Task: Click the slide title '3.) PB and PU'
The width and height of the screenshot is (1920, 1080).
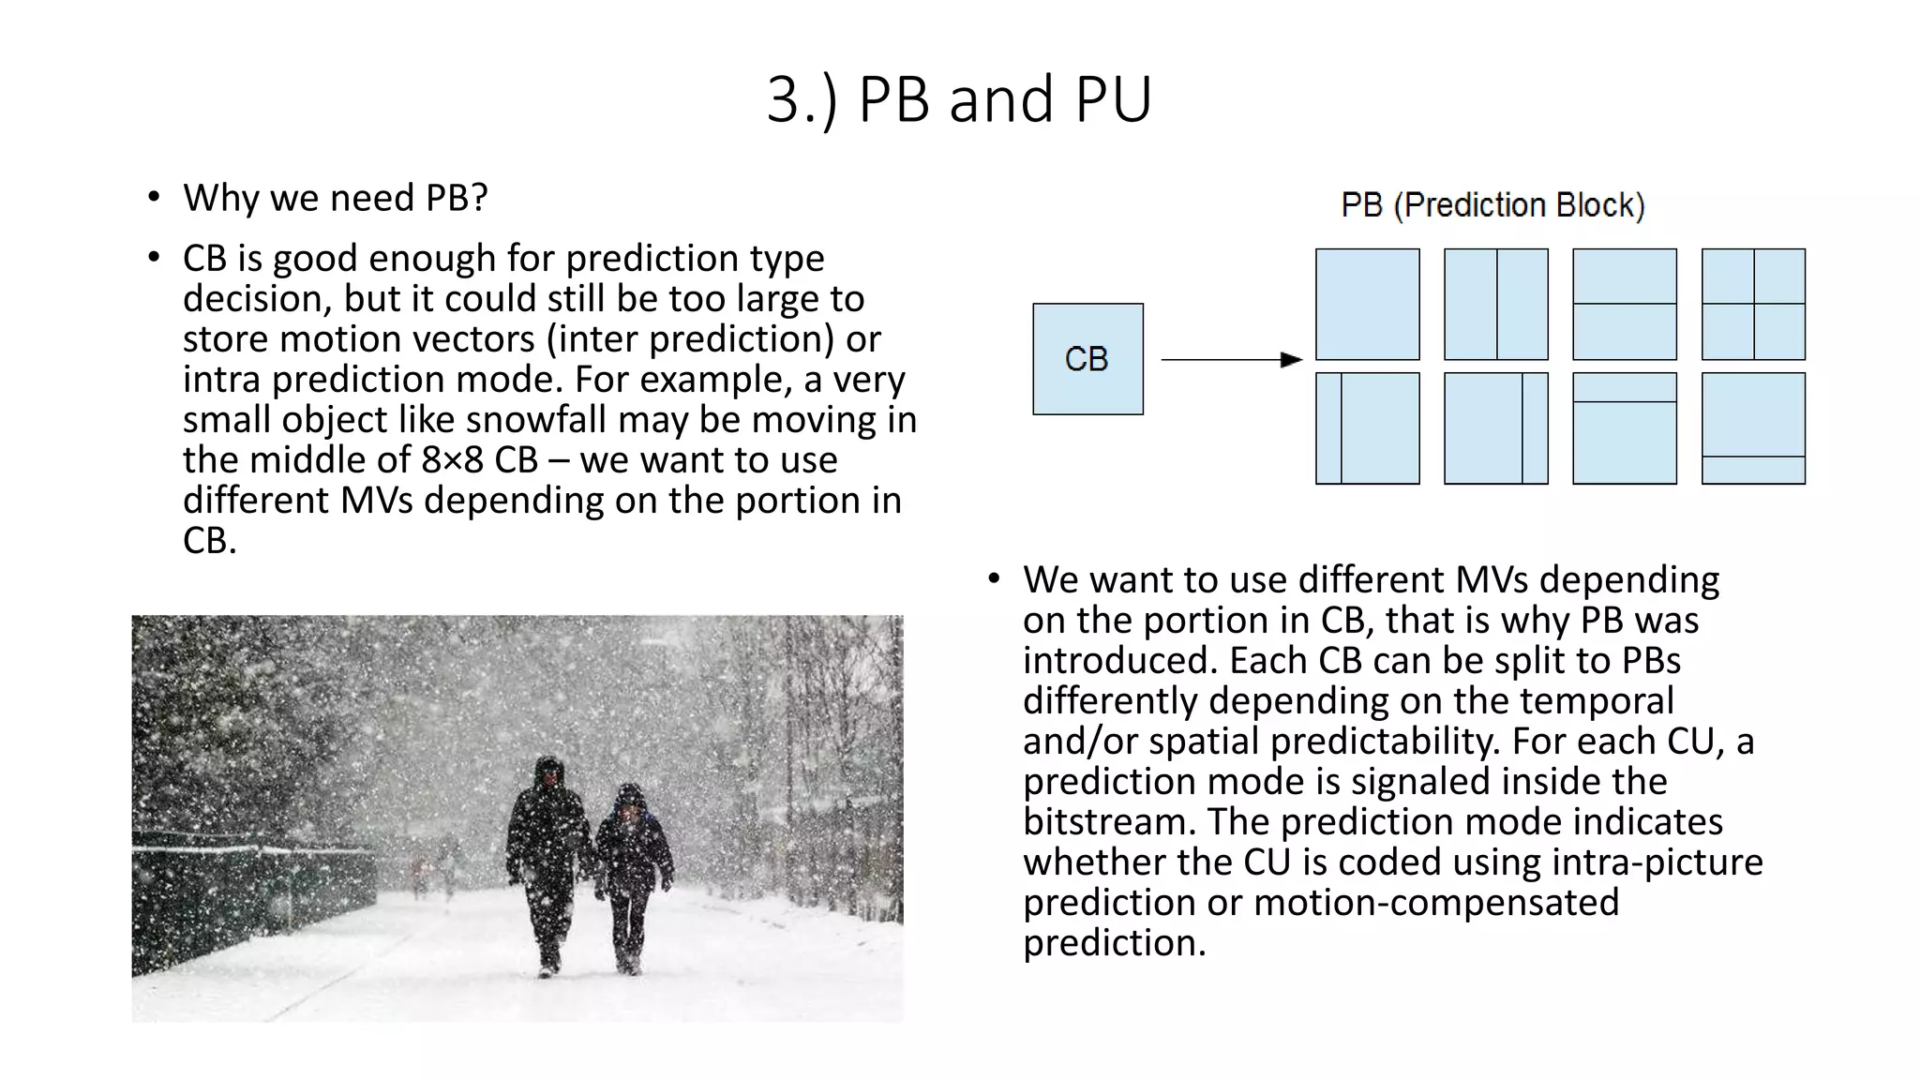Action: point(959,99)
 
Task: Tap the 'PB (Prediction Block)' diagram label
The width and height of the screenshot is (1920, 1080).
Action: point(1492,205)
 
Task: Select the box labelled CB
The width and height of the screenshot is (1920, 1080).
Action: point(1087,359)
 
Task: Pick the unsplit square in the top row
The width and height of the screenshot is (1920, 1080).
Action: point(1367,304)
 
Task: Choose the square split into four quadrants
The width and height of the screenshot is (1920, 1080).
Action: point(1753,304)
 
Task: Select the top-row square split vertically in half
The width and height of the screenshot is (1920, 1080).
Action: point(1495,304)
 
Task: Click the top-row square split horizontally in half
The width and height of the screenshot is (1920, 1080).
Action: point(1624,304)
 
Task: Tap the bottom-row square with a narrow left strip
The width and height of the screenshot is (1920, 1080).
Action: point(1367,428)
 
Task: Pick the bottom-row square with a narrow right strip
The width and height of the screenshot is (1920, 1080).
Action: point(1495,428)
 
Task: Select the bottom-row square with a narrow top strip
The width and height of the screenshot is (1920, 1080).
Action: point(1624,428)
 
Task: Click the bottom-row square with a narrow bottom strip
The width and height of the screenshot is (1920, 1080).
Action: point(1753,428)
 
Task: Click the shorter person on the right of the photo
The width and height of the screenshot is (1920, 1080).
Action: point(633,872)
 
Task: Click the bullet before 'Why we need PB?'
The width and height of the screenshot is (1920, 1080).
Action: point(154,198)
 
